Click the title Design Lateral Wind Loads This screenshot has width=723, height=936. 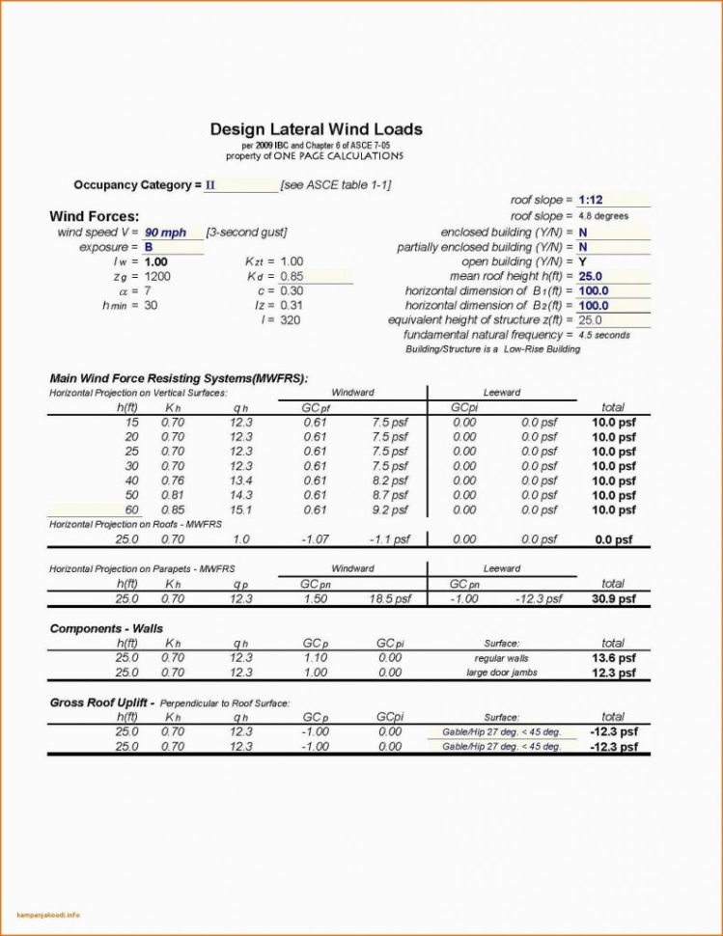(316, 129)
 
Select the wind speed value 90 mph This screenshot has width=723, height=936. (165, 233)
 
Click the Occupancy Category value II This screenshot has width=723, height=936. (209, 184)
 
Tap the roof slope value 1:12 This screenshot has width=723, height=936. (591, 200)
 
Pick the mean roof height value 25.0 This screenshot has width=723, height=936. (591, 276)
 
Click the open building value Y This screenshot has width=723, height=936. (583, 262)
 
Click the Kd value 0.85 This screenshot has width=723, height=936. (292, 276)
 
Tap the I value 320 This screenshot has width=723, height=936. (291, 319)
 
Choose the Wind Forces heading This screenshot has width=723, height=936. (94, 216)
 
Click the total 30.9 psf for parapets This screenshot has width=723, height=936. (613, 599)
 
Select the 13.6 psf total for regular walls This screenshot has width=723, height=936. (613, 658)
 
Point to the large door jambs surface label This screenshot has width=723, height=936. (501, 673)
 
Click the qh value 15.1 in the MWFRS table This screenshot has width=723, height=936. (240, 509)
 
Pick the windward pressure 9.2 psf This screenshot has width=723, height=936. (390, 509)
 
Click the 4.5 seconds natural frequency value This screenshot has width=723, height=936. (604, 335)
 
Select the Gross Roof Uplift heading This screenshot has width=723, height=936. (101, 702)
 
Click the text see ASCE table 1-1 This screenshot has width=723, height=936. (335, 184)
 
